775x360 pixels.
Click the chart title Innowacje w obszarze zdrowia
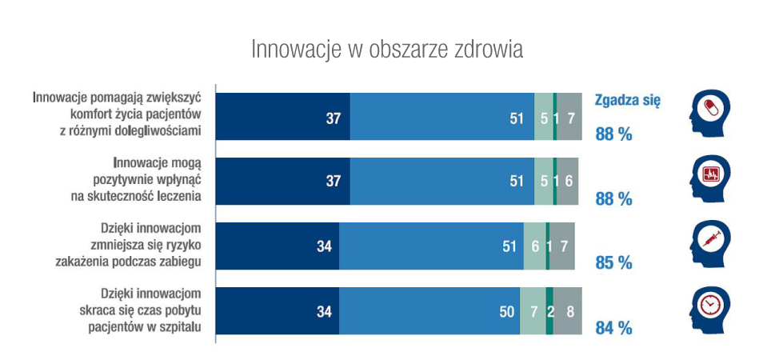pos(387,49)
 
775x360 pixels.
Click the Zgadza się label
pos(627,101)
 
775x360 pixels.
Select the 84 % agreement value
pos(613,327)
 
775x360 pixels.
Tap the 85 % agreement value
pos(613,262)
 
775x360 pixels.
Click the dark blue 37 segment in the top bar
pos(282,118)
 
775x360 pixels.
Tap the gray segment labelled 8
pos(568,311)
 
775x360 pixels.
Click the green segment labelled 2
pos(549,311)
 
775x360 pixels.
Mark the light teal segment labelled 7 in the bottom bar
pos(533,311)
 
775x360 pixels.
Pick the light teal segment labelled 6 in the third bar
pos(534,246)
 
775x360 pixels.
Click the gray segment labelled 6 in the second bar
pos(567,182)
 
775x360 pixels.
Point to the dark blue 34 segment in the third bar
pos(277,246)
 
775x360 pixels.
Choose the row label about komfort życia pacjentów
pos(118,114)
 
